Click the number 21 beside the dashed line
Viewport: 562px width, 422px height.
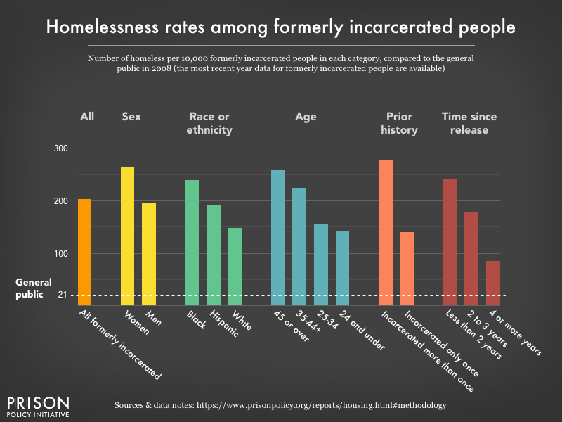[x=62, y=295]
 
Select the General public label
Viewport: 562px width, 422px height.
[x=31, y=289]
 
